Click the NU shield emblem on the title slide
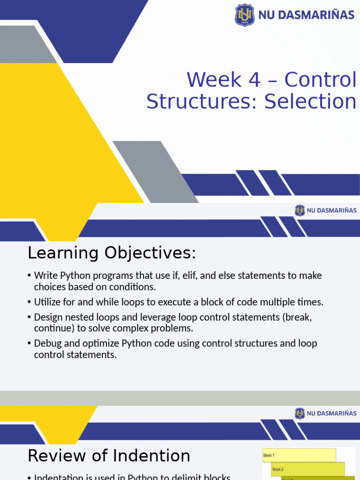[245, 15]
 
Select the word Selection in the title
[310, 102]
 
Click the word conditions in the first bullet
[132, 287]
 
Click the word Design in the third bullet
[48, 317]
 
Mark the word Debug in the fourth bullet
[48, 344]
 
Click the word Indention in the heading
[152, 456]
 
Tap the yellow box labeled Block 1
[299, 455]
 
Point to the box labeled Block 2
[308, 469]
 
